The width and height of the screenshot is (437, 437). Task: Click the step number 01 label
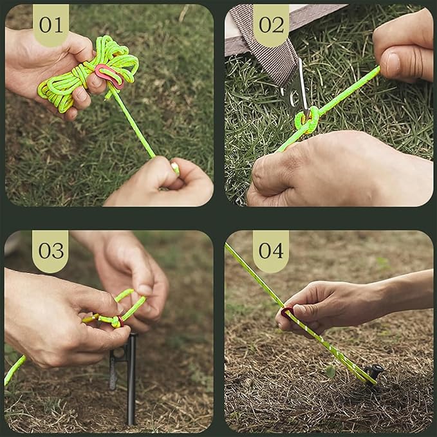[51, 24]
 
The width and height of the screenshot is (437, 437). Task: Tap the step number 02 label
[271, 24]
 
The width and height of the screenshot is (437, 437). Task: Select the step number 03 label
[51, 250]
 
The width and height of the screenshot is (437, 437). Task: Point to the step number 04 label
[271, 250]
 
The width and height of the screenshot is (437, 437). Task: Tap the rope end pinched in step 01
[174, 168]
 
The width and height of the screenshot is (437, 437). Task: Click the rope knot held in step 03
[116, 321]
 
